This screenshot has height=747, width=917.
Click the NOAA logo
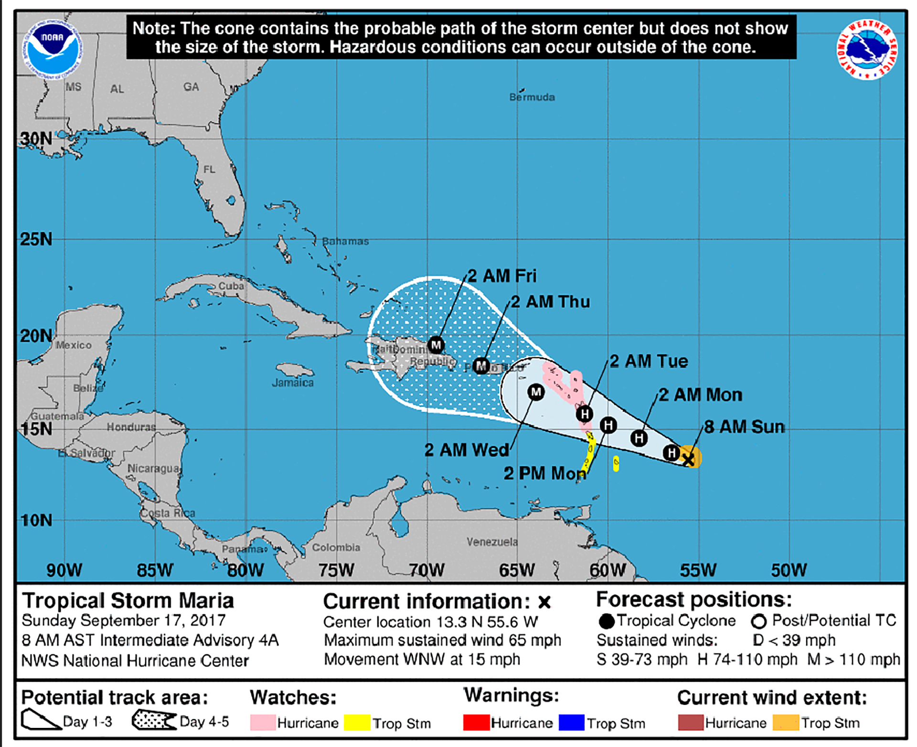click(52, 48)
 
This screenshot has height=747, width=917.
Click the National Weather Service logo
click(866, 49)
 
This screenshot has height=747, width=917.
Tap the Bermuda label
click(532, 97)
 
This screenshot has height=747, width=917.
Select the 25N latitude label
click(36, 239)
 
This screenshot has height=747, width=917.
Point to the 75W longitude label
click(336, 570)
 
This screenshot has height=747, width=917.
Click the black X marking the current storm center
click(688, 460)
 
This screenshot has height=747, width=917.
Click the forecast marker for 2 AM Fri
click(436, 344)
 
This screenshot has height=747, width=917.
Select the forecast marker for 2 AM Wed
click(536, 392)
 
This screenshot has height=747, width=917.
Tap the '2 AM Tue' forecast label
click(649, 361)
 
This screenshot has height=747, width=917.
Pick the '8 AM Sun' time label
click(744, 427)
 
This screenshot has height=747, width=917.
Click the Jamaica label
click(293, 383)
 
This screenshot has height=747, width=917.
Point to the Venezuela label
click(492, 542)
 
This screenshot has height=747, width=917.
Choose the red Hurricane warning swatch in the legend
click(476, 723)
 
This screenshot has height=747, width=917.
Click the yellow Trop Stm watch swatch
click(357, 723)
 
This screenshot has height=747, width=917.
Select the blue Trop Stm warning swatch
click(571, 723)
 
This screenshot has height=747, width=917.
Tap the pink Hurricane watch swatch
click(262, 723)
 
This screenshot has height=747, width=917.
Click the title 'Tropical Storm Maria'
click(128, 600)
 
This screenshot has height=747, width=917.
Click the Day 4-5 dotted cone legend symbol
click(153, 720)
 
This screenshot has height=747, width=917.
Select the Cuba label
click(231, 286)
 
